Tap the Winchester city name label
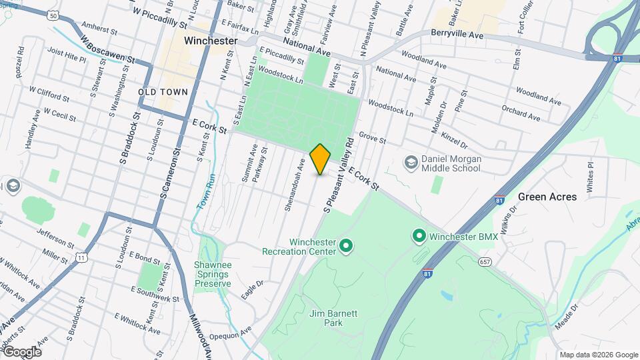(211, 41)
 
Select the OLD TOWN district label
(163, 91)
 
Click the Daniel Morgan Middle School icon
(411, 162)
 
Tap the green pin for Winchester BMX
(419, 236)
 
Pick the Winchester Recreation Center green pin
(346, 247)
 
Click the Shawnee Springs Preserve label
(213, 274)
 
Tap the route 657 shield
(485, 262)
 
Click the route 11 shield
(81, 257)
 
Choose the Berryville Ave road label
(457, 33)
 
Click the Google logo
(21, 351)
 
